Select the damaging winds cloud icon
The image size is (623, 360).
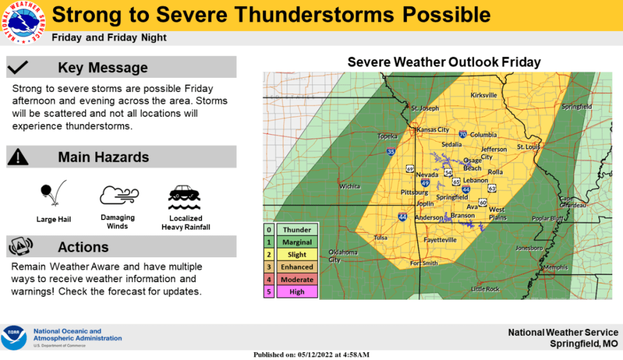click(117, 196)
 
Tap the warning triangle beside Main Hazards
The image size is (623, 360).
click(18, 157)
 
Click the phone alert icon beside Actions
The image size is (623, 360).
click(20, 246)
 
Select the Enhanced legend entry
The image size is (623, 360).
click(297, 267)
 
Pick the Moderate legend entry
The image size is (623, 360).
click(297, 280)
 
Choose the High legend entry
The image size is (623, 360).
click(297, 292)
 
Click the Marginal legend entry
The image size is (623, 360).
click(297, 242)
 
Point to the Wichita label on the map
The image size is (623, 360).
click(350, 186)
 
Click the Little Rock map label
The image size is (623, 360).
click(485, 289)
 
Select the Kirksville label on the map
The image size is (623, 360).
click(484, 95)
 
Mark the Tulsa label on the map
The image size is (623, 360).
click(381, 237)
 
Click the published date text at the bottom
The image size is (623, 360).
click(311, 355)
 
